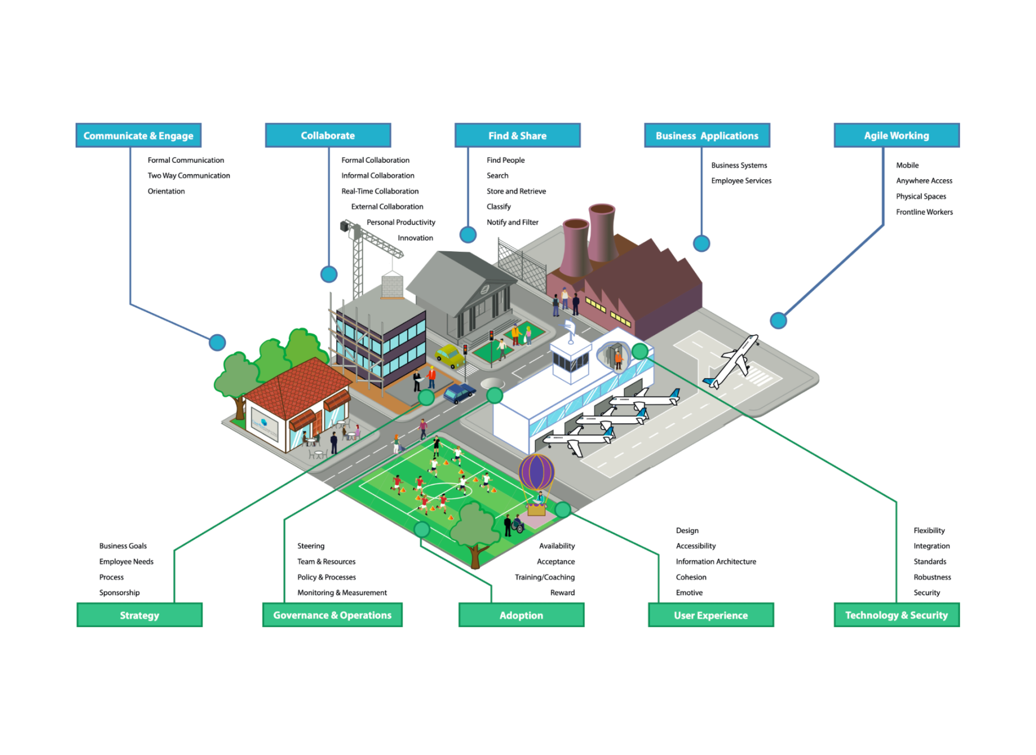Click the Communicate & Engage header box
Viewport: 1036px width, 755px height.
point(138,135)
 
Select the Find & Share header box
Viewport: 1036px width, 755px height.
point(517,135)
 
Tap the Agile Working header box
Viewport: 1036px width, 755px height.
point(896,135)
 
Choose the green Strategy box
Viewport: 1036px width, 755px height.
point(139,615)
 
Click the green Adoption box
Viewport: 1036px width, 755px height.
point(521,615)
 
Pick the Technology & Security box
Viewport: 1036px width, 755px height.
point(896,615)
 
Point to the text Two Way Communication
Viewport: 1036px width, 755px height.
point(189,175)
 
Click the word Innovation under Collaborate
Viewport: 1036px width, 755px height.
point(415,238)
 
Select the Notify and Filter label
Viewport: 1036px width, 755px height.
point(512,222)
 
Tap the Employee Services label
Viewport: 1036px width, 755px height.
point(741,181)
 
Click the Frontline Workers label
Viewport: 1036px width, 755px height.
point(924,212)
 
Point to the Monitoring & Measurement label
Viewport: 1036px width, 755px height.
point(342,593)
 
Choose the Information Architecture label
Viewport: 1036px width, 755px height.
point(715,561)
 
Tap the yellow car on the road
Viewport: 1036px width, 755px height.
point(449,355)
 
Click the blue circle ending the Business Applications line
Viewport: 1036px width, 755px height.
point(701,244)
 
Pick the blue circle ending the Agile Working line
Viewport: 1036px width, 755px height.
point(778,321)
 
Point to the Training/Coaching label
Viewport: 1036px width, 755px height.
point(544,577)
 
